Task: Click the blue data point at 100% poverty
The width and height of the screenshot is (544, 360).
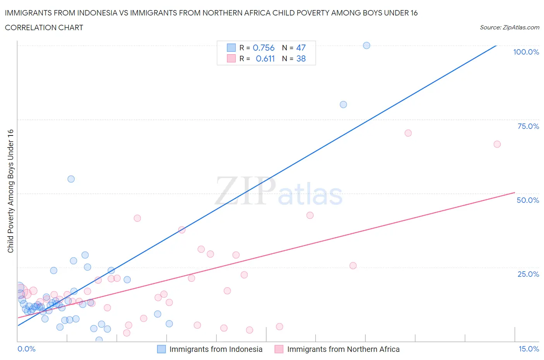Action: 366,46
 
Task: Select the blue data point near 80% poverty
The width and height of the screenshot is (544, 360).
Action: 343,105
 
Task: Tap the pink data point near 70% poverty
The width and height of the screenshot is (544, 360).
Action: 408,133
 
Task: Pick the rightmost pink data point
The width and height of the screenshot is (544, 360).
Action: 497,144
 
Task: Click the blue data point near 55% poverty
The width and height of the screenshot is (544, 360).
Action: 71,179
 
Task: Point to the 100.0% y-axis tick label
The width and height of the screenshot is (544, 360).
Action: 526,52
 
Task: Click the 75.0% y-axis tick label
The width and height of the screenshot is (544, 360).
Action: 528,126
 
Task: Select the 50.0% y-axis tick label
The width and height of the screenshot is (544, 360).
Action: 528,200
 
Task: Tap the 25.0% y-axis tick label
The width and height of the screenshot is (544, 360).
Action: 528,274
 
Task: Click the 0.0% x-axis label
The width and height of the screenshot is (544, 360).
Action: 26,349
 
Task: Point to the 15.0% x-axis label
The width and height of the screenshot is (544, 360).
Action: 529,349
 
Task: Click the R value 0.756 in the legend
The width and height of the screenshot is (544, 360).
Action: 263,48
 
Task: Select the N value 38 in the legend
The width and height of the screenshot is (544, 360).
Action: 301,58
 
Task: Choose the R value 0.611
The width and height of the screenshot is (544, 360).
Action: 265,58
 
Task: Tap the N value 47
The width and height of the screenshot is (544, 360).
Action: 301,48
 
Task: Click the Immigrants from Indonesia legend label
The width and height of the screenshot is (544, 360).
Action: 216,349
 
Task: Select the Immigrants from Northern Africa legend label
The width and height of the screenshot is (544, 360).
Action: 343,349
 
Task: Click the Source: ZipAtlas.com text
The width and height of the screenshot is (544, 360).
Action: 509,27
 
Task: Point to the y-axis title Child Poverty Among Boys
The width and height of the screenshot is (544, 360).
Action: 11,191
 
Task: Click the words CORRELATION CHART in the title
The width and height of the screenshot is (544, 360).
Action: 44,27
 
